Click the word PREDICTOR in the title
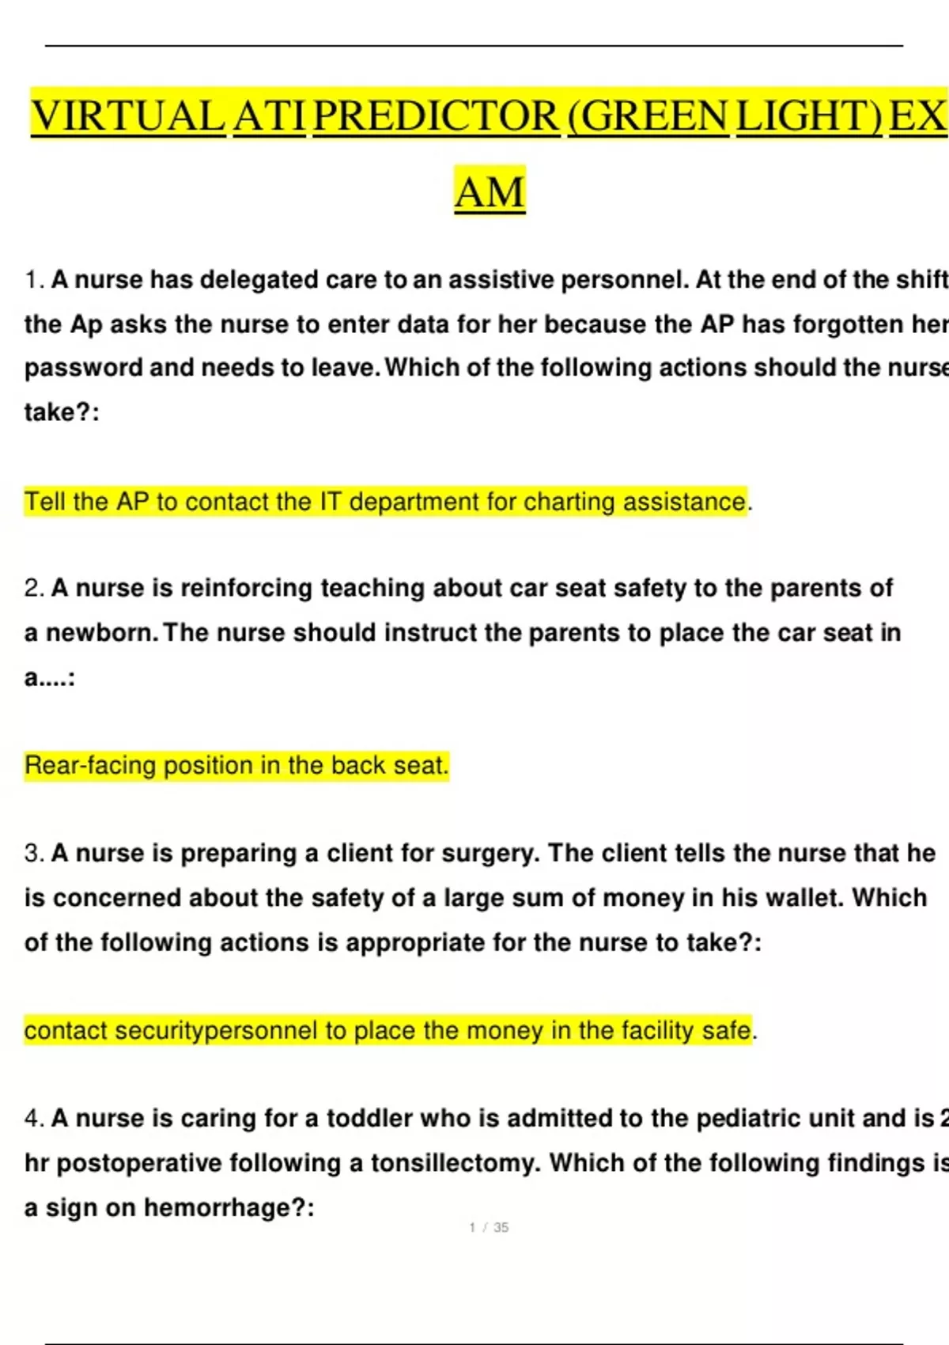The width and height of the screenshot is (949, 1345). [x=437, y=116]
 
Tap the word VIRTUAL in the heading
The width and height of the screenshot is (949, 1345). [x=127, y=116]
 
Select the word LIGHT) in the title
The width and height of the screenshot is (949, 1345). [x=809, y=116]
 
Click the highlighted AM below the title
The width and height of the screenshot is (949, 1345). [x=490, y=191]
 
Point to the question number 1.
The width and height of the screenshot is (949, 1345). [x=34, y=280]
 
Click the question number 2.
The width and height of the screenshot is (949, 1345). [x=34, y=588]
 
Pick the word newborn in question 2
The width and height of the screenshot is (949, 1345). [x=100, y=633]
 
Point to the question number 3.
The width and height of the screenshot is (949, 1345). [x=34, y=853]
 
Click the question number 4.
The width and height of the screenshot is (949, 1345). [x=34, y=1118]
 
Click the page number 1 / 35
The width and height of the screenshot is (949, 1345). [x=489, y=1228]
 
